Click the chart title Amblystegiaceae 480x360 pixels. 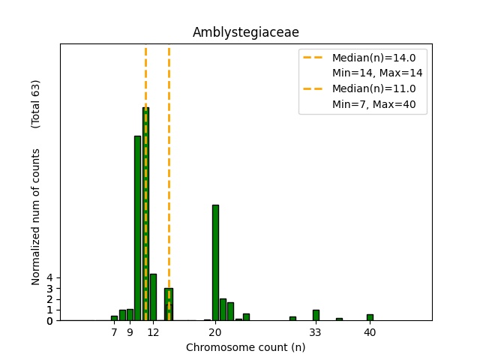point(246,32)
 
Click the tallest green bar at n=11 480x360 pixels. point(145,214)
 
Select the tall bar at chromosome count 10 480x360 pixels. point(137,228)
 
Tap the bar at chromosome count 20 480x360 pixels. point(215,262)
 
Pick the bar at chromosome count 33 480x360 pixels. point(316,315)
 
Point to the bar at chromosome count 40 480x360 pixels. point(370,317)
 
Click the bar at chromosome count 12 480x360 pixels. point(153,297)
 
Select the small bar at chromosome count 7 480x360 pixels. point(114,318)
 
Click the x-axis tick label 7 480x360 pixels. point(114,332)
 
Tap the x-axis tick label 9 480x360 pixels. point(130,332)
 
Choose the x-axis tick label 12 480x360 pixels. point(153,332)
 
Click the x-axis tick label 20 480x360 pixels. point(215,332)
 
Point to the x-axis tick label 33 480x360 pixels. point(316,332)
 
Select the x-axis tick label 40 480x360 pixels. point(370,332)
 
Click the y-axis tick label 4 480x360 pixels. point(49,277)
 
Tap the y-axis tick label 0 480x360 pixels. point(49,321)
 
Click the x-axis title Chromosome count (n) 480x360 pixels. point(246,347)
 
